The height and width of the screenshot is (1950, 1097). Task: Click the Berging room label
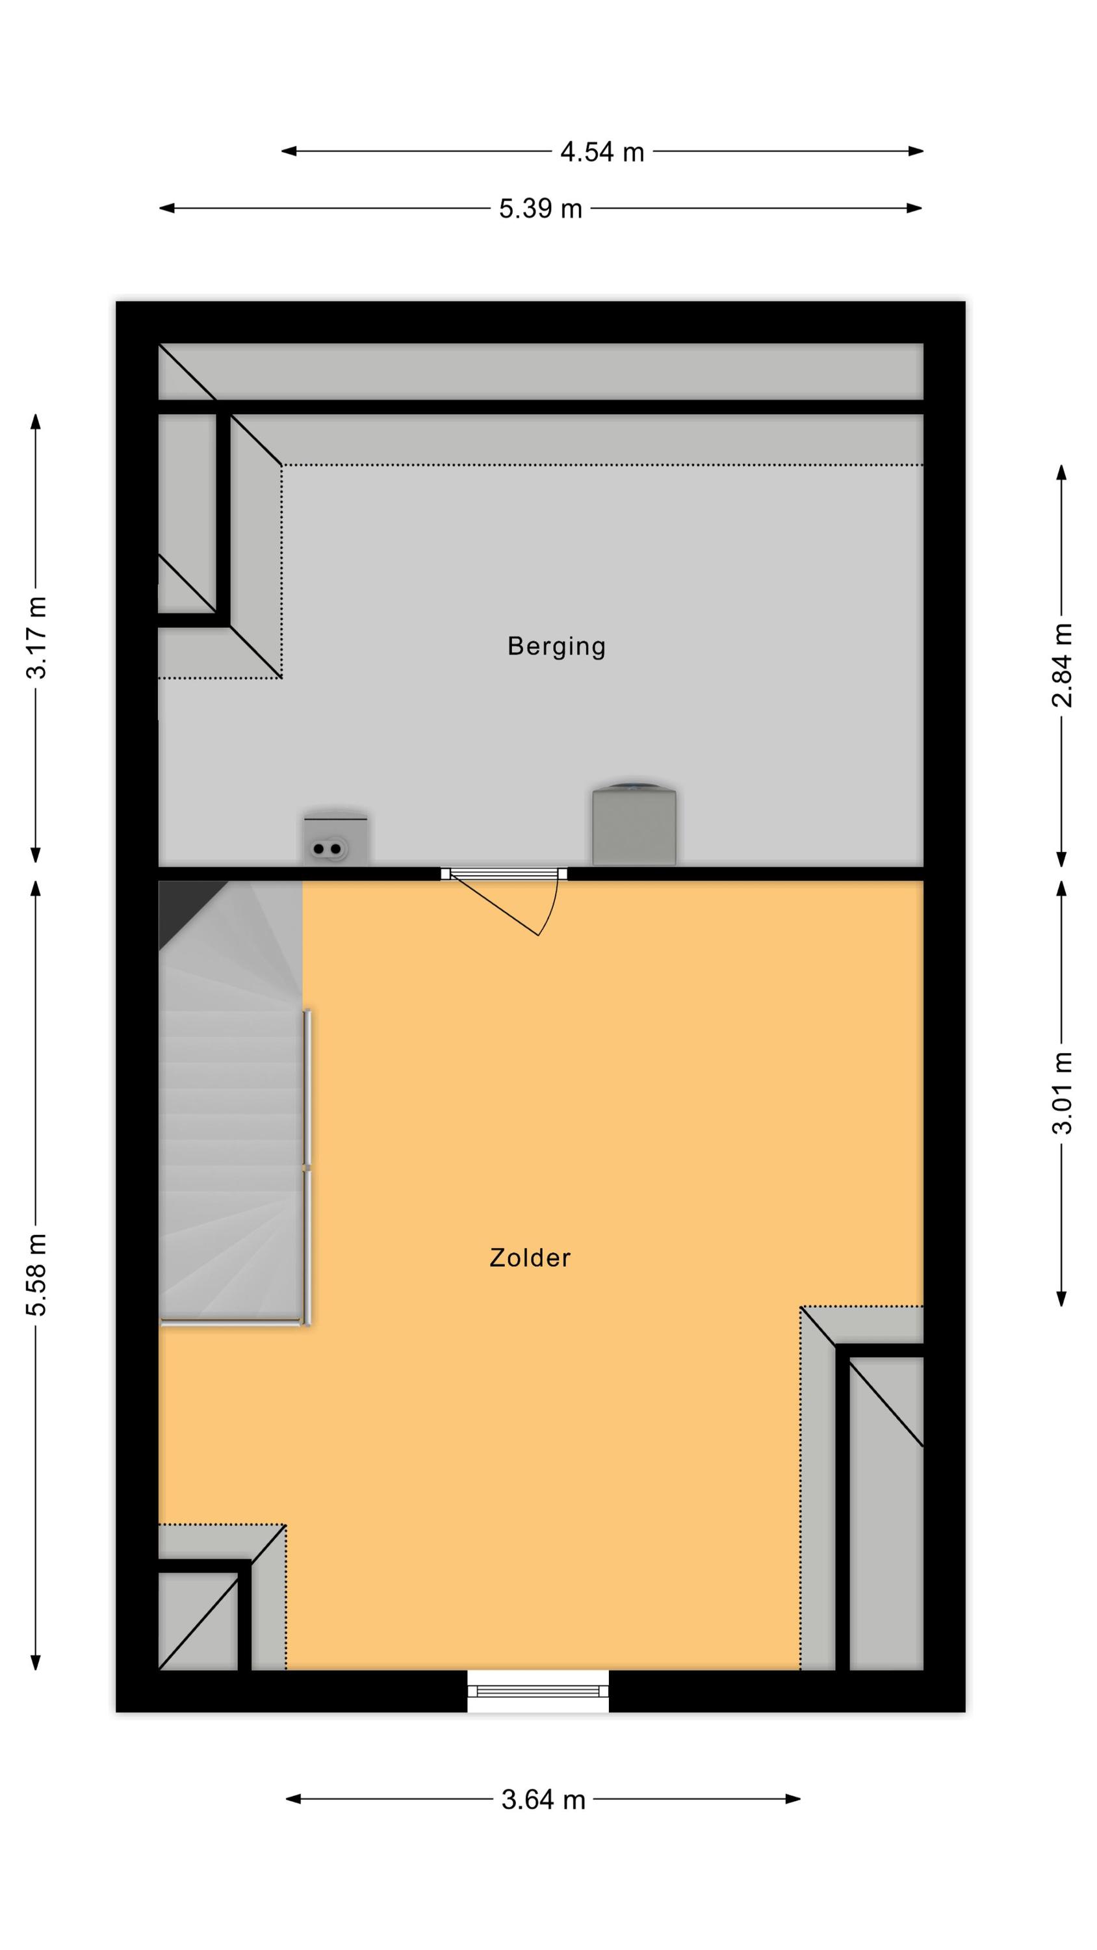pyautogui.click(x=556, y=647)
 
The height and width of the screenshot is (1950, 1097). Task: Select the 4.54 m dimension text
pyautogui.click(x=602, y=152)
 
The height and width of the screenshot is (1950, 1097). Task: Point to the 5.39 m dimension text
pyautogui.click(x=541, y=209)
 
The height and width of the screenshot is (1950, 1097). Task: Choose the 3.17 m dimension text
pyautogui.click(x=36, y=638)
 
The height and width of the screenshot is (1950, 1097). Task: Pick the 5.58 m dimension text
pyautogui.click(x=36, y=1275)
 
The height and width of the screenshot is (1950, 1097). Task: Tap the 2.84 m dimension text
pyautogui.click(x=1062, y=666)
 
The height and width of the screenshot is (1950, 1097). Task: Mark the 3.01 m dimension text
pyautogui.click(x=1062, y=1093)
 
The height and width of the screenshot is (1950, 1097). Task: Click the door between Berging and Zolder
pyautogui.click(x=504, y=901)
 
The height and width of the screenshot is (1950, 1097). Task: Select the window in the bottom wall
pyautogui.click(x=538, y=1691)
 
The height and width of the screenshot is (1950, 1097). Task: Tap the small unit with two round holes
pyautogui.click(x=335, y=840)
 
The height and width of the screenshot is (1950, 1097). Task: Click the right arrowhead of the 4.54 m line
pyautogui.click(x=916, y=151)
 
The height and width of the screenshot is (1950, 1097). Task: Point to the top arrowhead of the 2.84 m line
pyautogui.click(x=1061, y=473)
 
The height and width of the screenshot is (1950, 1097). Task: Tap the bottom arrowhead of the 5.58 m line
pyautogui.click(x=36, y=1661)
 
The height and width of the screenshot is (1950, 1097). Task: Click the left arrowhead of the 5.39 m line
pyautogui.click(x=166, y=208)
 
